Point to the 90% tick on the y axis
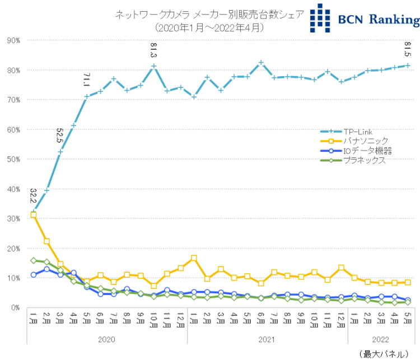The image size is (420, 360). pyautogui.click(x=13, y=40)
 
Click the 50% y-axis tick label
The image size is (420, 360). pyautogui.click(x=13, y=159)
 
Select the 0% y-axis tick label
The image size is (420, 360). pyautogui.click(x=15, y=307)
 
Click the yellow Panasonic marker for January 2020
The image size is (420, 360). pyautogui.click(x=33, y=214)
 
